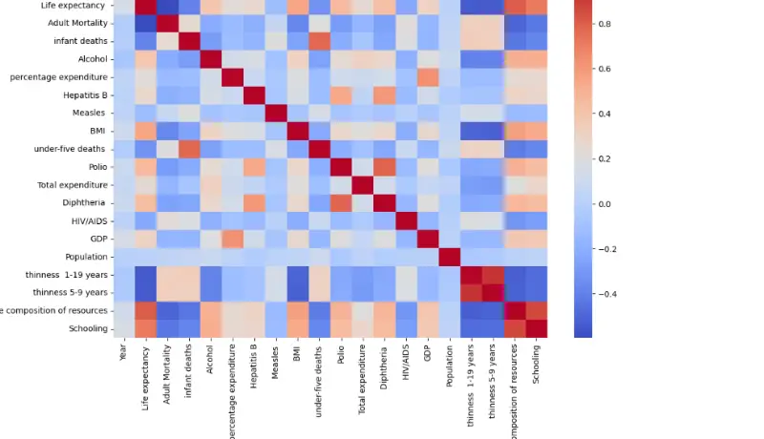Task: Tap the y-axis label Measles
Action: click(91, 113)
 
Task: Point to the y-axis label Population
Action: click(85, 257)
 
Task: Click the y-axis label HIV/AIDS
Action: click(87, 220)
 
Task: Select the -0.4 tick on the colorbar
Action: click(604, 294)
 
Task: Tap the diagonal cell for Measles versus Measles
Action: click(281, 113)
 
